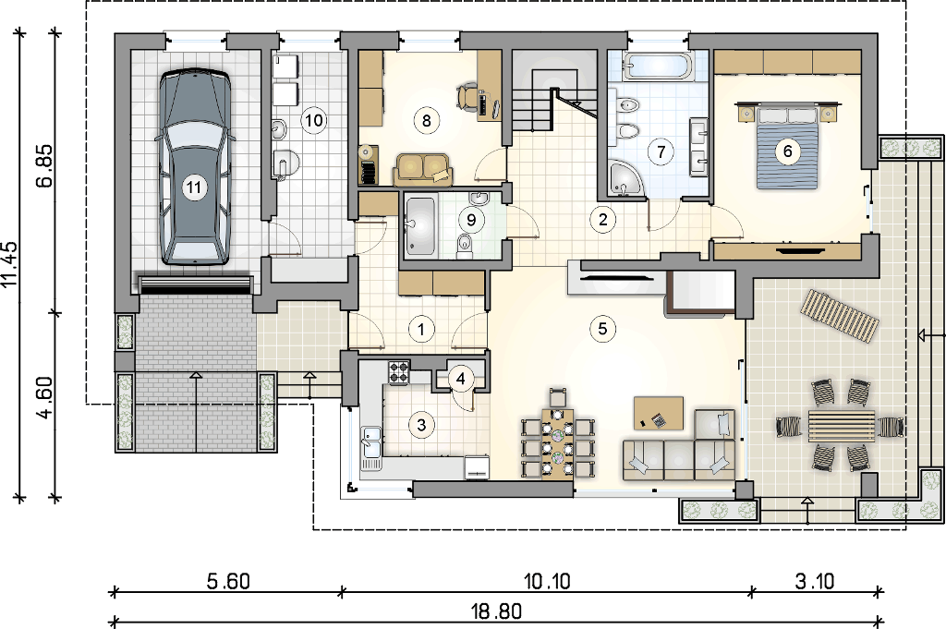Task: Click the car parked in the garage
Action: [x=194, y=167]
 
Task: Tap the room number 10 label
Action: [x=314, y=120]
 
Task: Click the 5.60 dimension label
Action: [x=228, y=582]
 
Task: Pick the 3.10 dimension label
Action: [x=815, y=582]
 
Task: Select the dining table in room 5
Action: [x=557, y=442]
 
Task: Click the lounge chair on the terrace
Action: [x=839, y=316]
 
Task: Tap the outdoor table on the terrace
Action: [x=841, y=427]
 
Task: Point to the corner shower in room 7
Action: [x=625, y=179]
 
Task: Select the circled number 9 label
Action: [x=471, y=220]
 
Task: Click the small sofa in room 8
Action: [x=423, y=169]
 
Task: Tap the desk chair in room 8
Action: [x=466, y=96]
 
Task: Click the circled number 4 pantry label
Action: [x=461, y=379]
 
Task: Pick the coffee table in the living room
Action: [x=658, y=413]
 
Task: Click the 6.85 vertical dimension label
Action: [x=46, y=165]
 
